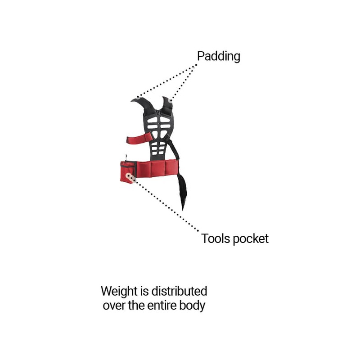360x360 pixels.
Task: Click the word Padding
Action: pos(219,57)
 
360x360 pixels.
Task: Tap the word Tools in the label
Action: pos(216,238)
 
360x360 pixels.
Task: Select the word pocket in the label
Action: pos(251,239)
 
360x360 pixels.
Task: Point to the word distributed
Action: pos(179,291)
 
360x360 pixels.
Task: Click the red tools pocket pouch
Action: pos(128,172)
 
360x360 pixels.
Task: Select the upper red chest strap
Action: pos(139,138)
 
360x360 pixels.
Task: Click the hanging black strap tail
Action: pos(182,191)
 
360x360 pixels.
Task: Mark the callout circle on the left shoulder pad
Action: pos(138,98)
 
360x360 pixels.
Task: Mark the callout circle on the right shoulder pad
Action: pos(171,100)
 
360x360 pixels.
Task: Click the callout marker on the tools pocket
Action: pos(130,177)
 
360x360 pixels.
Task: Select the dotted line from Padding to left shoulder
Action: pos(166,81)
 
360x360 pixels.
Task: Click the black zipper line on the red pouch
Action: pos(128,163)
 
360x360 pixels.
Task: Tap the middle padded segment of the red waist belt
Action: pos(158,169)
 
